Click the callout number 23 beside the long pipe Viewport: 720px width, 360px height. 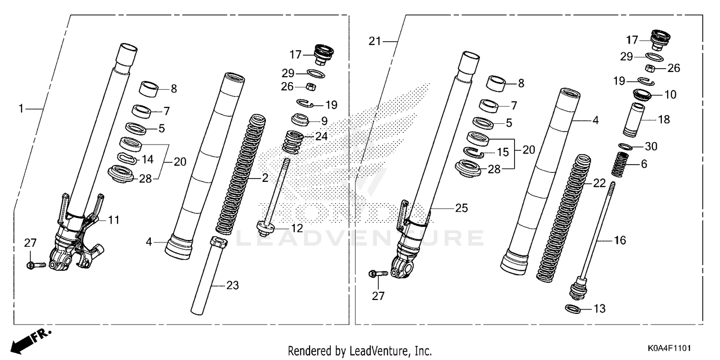[x=232, y=286]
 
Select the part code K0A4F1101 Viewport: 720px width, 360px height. [x=671, y=347]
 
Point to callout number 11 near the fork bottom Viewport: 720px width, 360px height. [x=114, y=220]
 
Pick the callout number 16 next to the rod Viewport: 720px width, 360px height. [x=620, y=240]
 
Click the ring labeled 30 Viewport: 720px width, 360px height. [x=624, y=146]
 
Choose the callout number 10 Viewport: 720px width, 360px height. [x=671, y=95]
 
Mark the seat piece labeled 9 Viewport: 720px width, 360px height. [x=300, y=120]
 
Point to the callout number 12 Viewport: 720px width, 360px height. [x=298, y=228]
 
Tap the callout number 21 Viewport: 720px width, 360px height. [x=374, y=41]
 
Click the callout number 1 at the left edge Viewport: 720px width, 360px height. [x=21, y=109]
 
